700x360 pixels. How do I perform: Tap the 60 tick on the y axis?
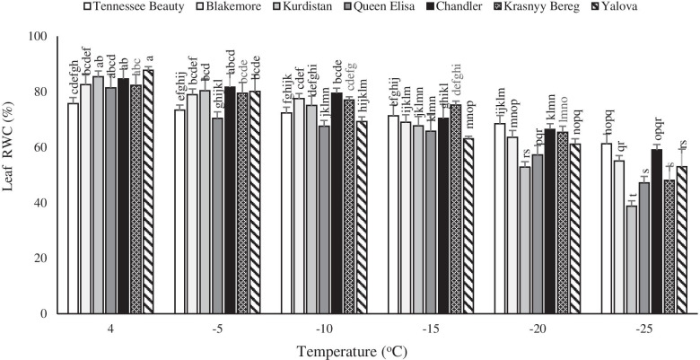pos(39,148)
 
